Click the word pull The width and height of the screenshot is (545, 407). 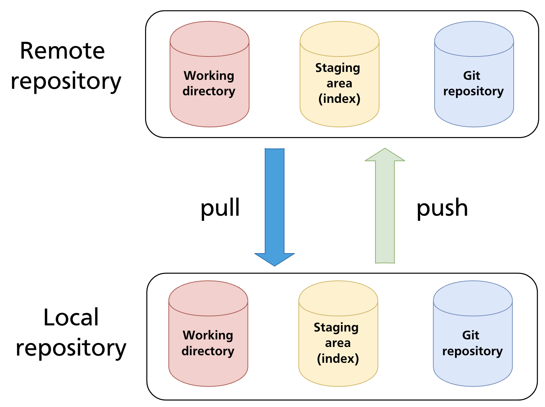coord(220,208)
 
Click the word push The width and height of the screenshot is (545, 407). coord(442,208)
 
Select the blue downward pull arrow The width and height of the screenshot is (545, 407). coord(275,201)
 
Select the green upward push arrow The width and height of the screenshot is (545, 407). coord(385,212)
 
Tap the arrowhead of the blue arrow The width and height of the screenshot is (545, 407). coord(275,259)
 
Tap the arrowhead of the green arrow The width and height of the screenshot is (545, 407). coord(385,155)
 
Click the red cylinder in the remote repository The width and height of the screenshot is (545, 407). coord(210,108)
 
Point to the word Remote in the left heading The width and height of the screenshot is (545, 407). coord(62,51)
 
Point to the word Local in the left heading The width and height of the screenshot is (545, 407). coord(71,317)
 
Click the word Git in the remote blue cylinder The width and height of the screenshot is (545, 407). coord(472,76)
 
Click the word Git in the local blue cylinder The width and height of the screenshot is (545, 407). coord(470,335)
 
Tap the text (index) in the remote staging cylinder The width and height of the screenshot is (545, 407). coord(339,99)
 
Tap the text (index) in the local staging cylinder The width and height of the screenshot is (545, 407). coord(338,358)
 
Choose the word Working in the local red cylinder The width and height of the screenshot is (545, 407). coord(208,335)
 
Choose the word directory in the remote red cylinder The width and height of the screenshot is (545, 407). coord(209,91)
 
